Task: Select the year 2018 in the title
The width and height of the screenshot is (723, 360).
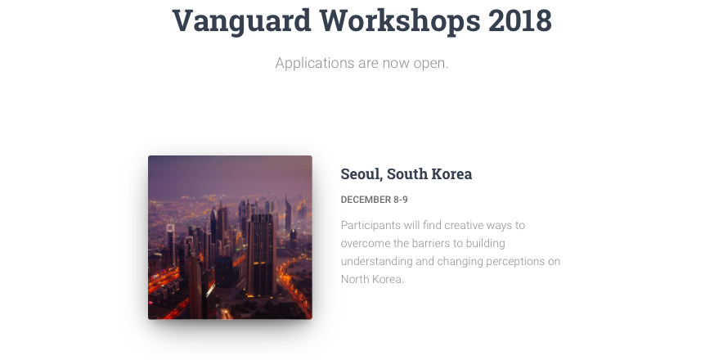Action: [x=520, y=20]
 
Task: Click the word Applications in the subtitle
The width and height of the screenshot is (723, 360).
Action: [x=315, y=63]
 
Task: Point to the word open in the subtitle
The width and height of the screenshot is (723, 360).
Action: [x=431, y=64]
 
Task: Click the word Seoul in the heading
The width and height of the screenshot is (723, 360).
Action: [x=361, y=174]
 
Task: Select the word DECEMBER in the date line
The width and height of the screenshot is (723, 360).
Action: [x=366, y=200]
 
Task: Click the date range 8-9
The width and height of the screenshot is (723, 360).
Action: [x=401, y=200]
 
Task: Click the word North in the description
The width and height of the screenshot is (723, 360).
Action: [x=355, y=279]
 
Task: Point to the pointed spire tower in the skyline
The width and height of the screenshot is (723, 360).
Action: [x=288, y=214]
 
